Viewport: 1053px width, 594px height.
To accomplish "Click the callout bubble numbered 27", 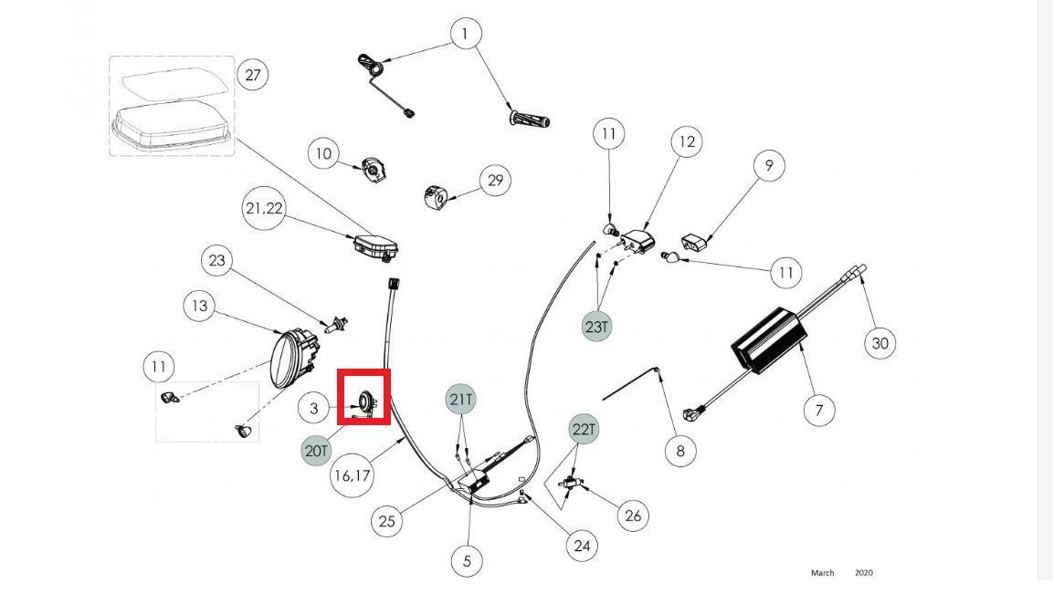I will click(253, 75).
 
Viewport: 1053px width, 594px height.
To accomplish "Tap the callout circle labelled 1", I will click(466, 35).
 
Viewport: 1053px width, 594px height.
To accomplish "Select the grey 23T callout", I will click(596, 326).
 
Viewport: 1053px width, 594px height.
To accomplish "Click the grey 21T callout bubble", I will click(462, 399).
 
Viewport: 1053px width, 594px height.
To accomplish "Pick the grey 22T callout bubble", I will click(584, 428).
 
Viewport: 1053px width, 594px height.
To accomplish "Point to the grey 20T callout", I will click(316, 451).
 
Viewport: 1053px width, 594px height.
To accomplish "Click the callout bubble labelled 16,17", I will click(353, 475).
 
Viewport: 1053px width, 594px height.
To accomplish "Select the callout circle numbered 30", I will click(879, 343).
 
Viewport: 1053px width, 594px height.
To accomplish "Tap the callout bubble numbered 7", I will click(819, 410).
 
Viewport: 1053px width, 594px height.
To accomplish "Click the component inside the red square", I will click(366, 400).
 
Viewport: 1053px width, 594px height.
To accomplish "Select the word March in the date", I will click(822, 573).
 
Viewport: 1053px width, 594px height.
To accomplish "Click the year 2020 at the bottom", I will click(864, 573).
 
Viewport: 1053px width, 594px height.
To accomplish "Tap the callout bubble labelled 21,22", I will click(264, 209).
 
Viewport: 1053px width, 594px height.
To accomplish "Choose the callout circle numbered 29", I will click(495, 180).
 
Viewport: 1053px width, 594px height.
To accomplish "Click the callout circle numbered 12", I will click(687, 141).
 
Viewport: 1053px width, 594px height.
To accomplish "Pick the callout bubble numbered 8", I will click(680, 450).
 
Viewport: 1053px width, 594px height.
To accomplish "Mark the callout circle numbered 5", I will click(467, 560).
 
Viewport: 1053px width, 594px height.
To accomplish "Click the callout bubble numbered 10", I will click(323, 153).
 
